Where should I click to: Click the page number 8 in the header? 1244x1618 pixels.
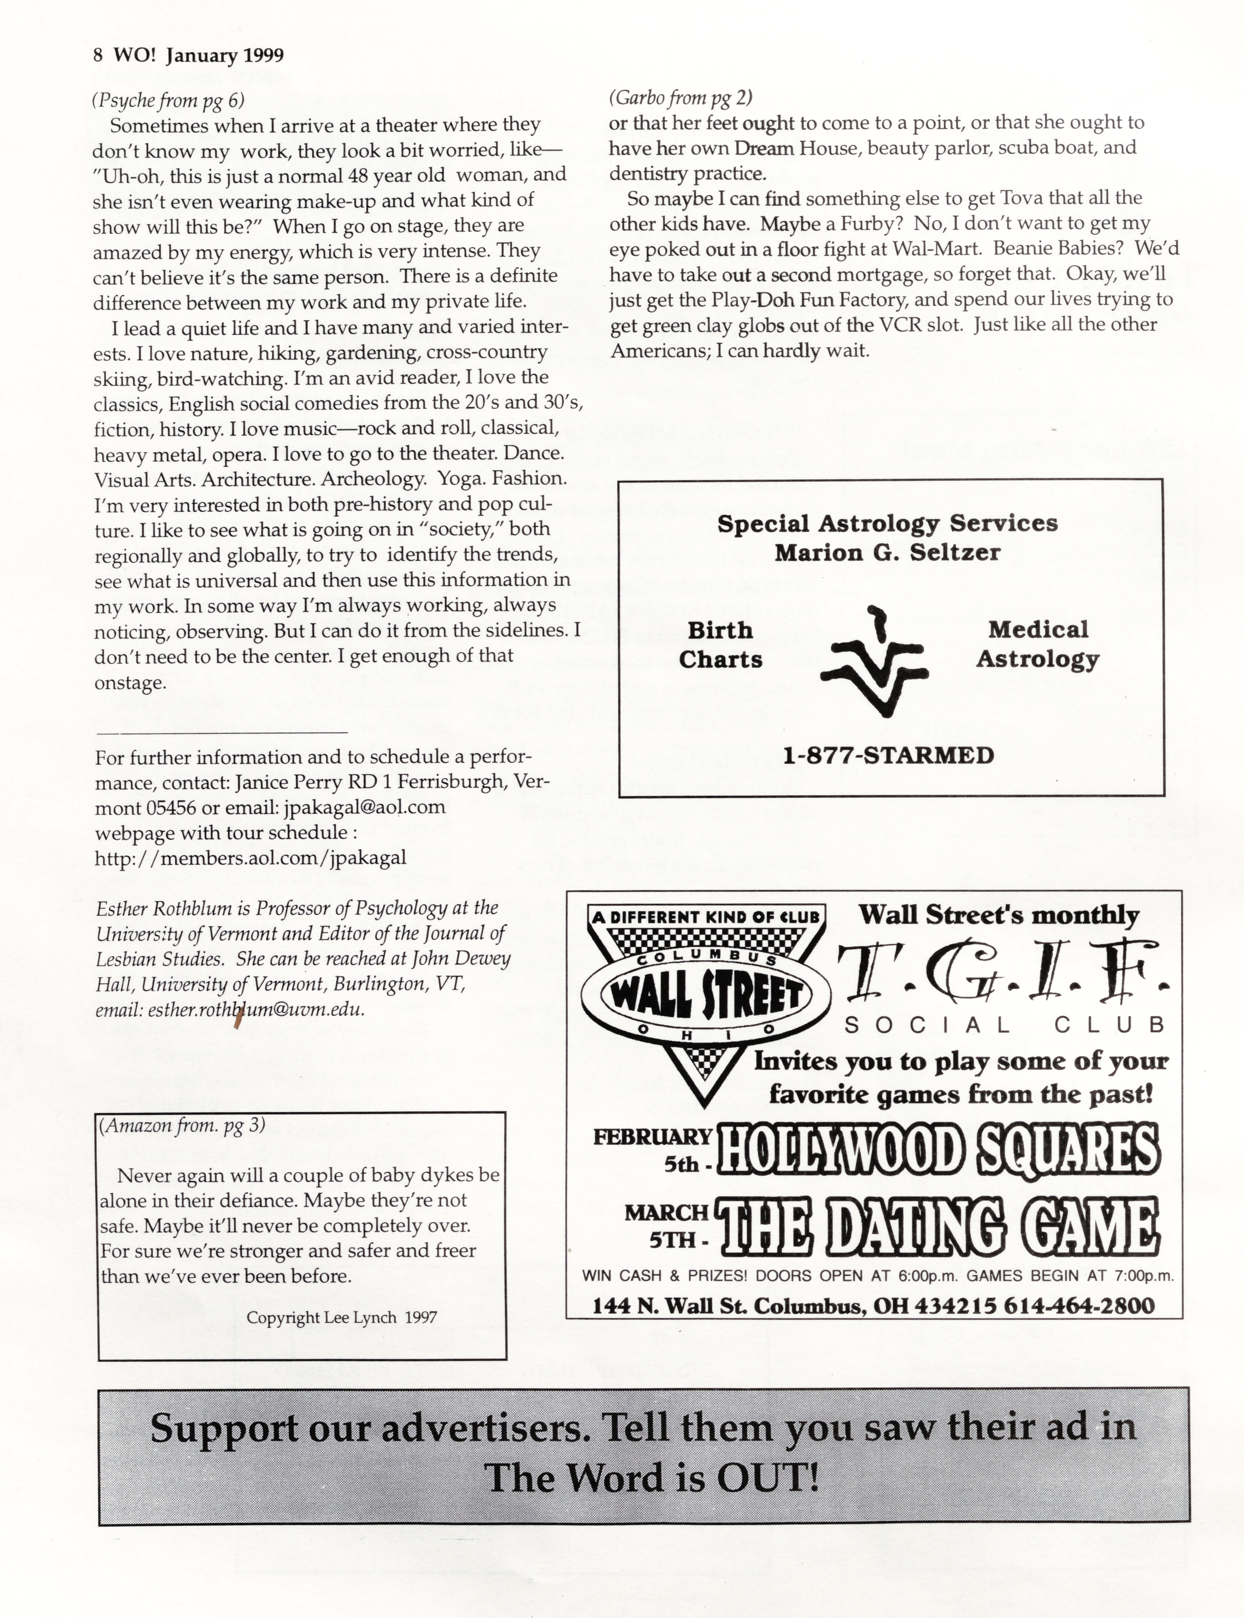98,56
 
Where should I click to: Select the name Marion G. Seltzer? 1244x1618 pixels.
887,553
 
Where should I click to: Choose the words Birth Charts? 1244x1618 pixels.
720,644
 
